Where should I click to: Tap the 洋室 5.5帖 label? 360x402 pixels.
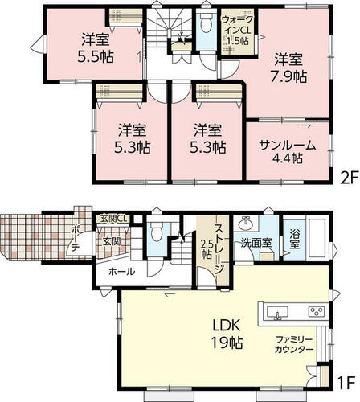96,48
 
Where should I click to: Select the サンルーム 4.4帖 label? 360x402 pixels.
288,152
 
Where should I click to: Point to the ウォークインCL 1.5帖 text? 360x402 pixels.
237,30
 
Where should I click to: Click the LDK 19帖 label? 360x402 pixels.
227,334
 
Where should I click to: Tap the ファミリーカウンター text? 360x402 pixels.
294,345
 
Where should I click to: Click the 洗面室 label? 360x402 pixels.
256,243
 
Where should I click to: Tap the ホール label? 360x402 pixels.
121,272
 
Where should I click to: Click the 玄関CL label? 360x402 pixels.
113,219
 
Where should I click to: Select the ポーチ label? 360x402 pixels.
76,239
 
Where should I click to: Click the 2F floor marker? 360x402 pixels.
349,178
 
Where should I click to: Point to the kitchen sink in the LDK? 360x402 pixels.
277,313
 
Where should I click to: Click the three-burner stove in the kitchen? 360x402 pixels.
317,312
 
